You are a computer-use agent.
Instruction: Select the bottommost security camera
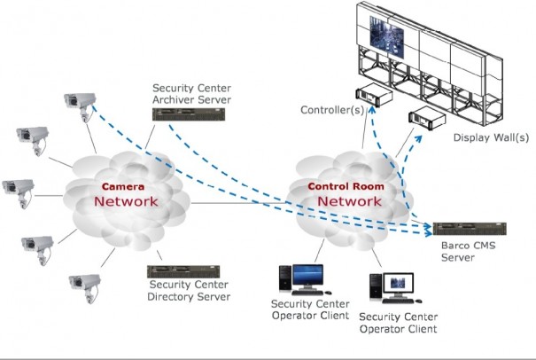click(83, 284)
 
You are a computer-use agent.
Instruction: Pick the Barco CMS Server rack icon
click(468, 229)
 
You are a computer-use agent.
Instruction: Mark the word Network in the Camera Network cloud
click(127, 202)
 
